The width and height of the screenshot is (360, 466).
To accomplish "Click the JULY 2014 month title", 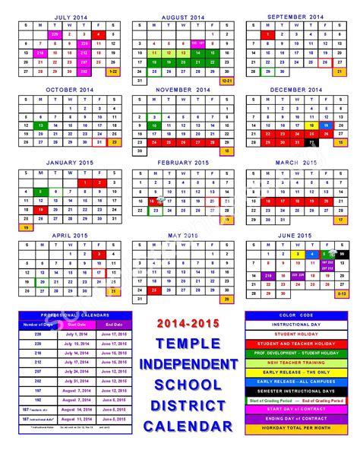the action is [x=70, y=15].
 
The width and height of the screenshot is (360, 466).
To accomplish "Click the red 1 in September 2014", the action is [x=266, y=33].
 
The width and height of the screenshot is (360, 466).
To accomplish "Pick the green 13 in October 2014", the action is [x=41, y=125].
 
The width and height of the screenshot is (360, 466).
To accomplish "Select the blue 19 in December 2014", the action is [x=324, y=125].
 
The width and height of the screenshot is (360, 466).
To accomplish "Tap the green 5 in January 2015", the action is [x=41, y=191].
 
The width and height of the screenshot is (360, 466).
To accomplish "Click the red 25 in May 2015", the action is [x=154, y=290].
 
